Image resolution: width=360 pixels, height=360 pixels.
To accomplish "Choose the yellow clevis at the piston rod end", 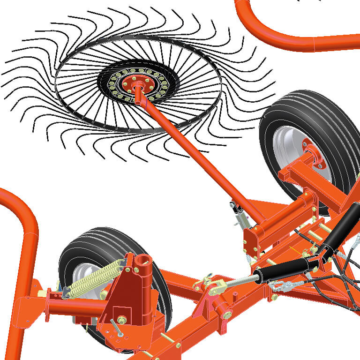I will [218, 287].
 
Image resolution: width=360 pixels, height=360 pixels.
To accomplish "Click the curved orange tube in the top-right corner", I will [291, 37].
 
